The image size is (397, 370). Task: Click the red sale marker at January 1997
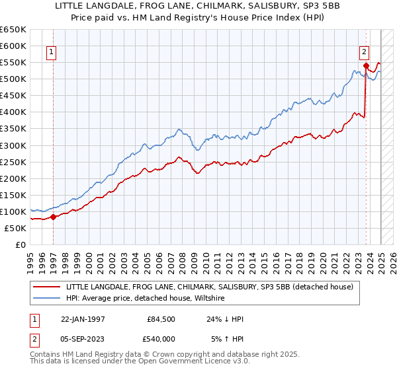(53, 216)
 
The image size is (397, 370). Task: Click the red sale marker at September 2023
(365, 65)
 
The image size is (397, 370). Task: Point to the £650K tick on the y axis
(13, 30)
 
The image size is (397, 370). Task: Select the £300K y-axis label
(13, 145)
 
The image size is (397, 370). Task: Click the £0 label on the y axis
(21, 244)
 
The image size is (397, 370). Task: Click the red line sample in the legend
(47, 287)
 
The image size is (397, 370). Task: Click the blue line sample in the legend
(47, 298)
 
